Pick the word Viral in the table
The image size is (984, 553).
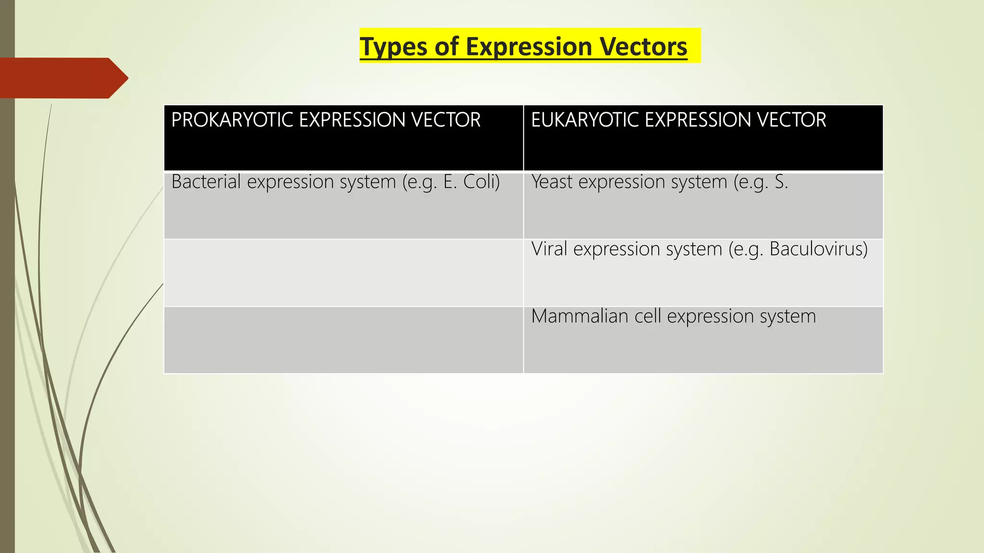click(x=549, y=249)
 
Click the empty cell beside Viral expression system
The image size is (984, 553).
click(x=343, y=273)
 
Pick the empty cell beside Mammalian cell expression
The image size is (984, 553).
click(x=343, y=340)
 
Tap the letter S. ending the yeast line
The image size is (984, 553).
click(x=781, y=182)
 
